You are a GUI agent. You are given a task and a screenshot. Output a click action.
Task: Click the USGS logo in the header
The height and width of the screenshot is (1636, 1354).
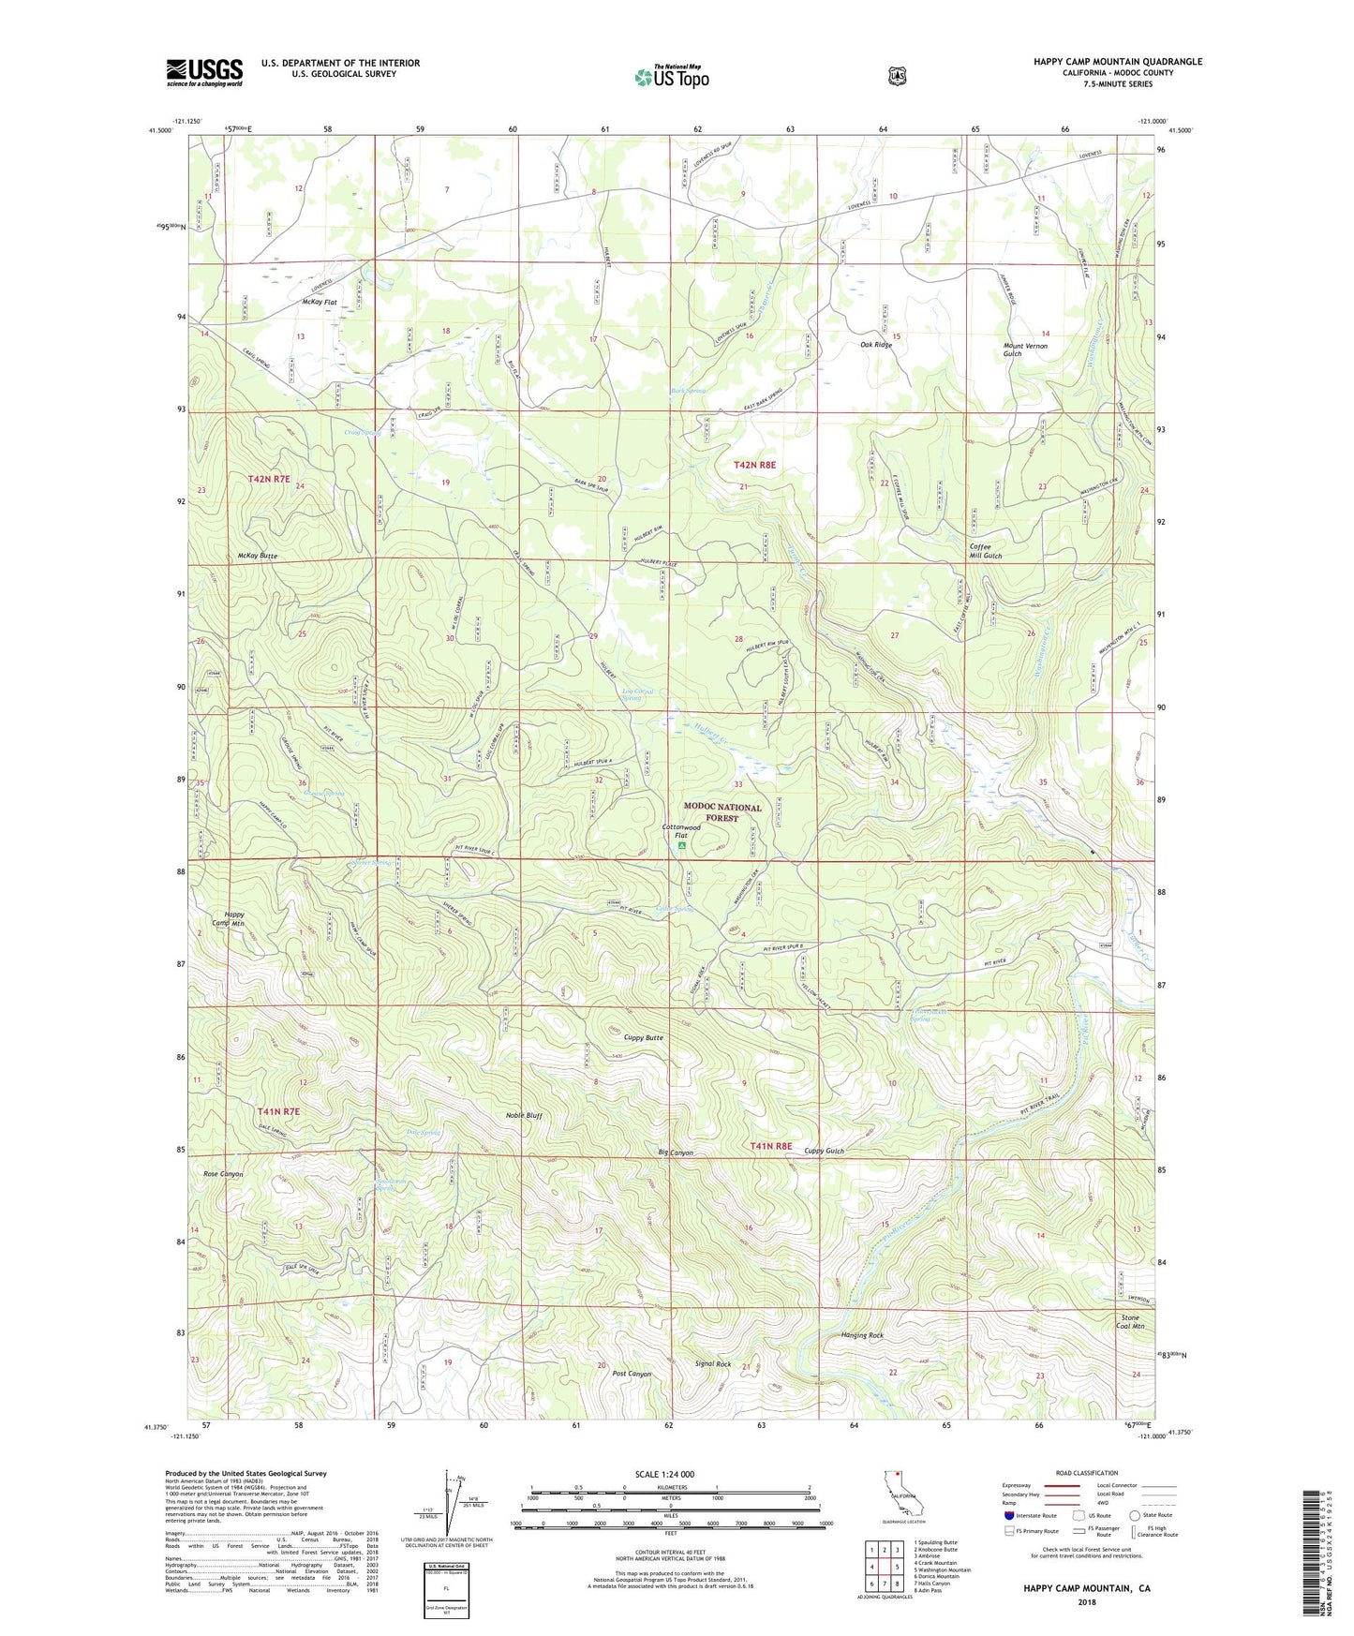(x=204, y=72)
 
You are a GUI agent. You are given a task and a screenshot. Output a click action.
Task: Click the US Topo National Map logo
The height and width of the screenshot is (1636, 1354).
(x=671, y=76)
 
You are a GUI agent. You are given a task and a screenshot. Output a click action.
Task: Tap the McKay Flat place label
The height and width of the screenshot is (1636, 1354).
(x=319, y=303)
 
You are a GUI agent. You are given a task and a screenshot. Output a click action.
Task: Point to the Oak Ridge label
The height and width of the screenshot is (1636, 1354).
(x=876, y=345)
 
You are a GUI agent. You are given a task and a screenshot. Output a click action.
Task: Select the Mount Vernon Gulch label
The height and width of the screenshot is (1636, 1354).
(x=1025, y=350)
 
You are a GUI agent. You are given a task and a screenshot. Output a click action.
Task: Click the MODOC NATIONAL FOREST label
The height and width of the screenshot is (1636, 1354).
(x=722, y=812)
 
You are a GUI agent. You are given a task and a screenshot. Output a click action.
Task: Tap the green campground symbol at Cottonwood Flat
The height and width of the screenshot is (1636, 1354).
(x=682, y=846)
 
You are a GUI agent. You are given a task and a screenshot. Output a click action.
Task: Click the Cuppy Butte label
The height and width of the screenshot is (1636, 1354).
(x=644, y=1037)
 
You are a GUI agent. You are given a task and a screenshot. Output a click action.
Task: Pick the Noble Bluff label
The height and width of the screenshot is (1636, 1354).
(x=524, y=1115)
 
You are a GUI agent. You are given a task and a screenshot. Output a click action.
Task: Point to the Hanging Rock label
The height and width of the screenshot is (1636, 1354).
(x=862, y=1335)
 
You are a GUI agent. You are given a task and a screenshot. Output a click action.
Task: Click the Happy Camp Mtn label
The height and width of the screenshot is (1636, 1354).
(x=229, y=919)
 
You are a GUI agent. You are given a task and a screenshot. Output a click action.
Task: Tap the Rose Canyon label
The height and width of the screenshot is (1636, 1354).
(x=223, y=1173)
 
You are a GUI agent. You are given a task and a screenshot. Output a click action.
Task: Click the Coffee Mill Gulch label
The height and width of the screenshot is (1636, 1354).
(x=986, y=551)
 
